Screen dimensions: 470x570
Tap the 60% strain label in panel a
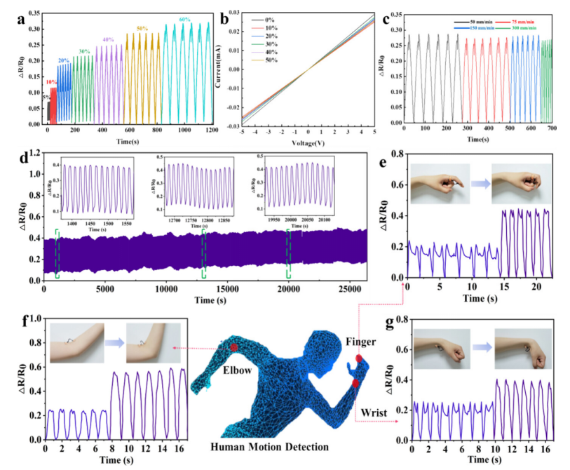click(186, 19)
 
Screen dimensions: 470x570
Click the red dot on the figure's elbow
click(233, 348)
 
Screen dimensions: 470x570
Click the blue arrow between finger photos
click(480, 184)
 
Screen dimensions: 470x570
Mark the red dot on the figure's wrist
click(355, 383)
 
